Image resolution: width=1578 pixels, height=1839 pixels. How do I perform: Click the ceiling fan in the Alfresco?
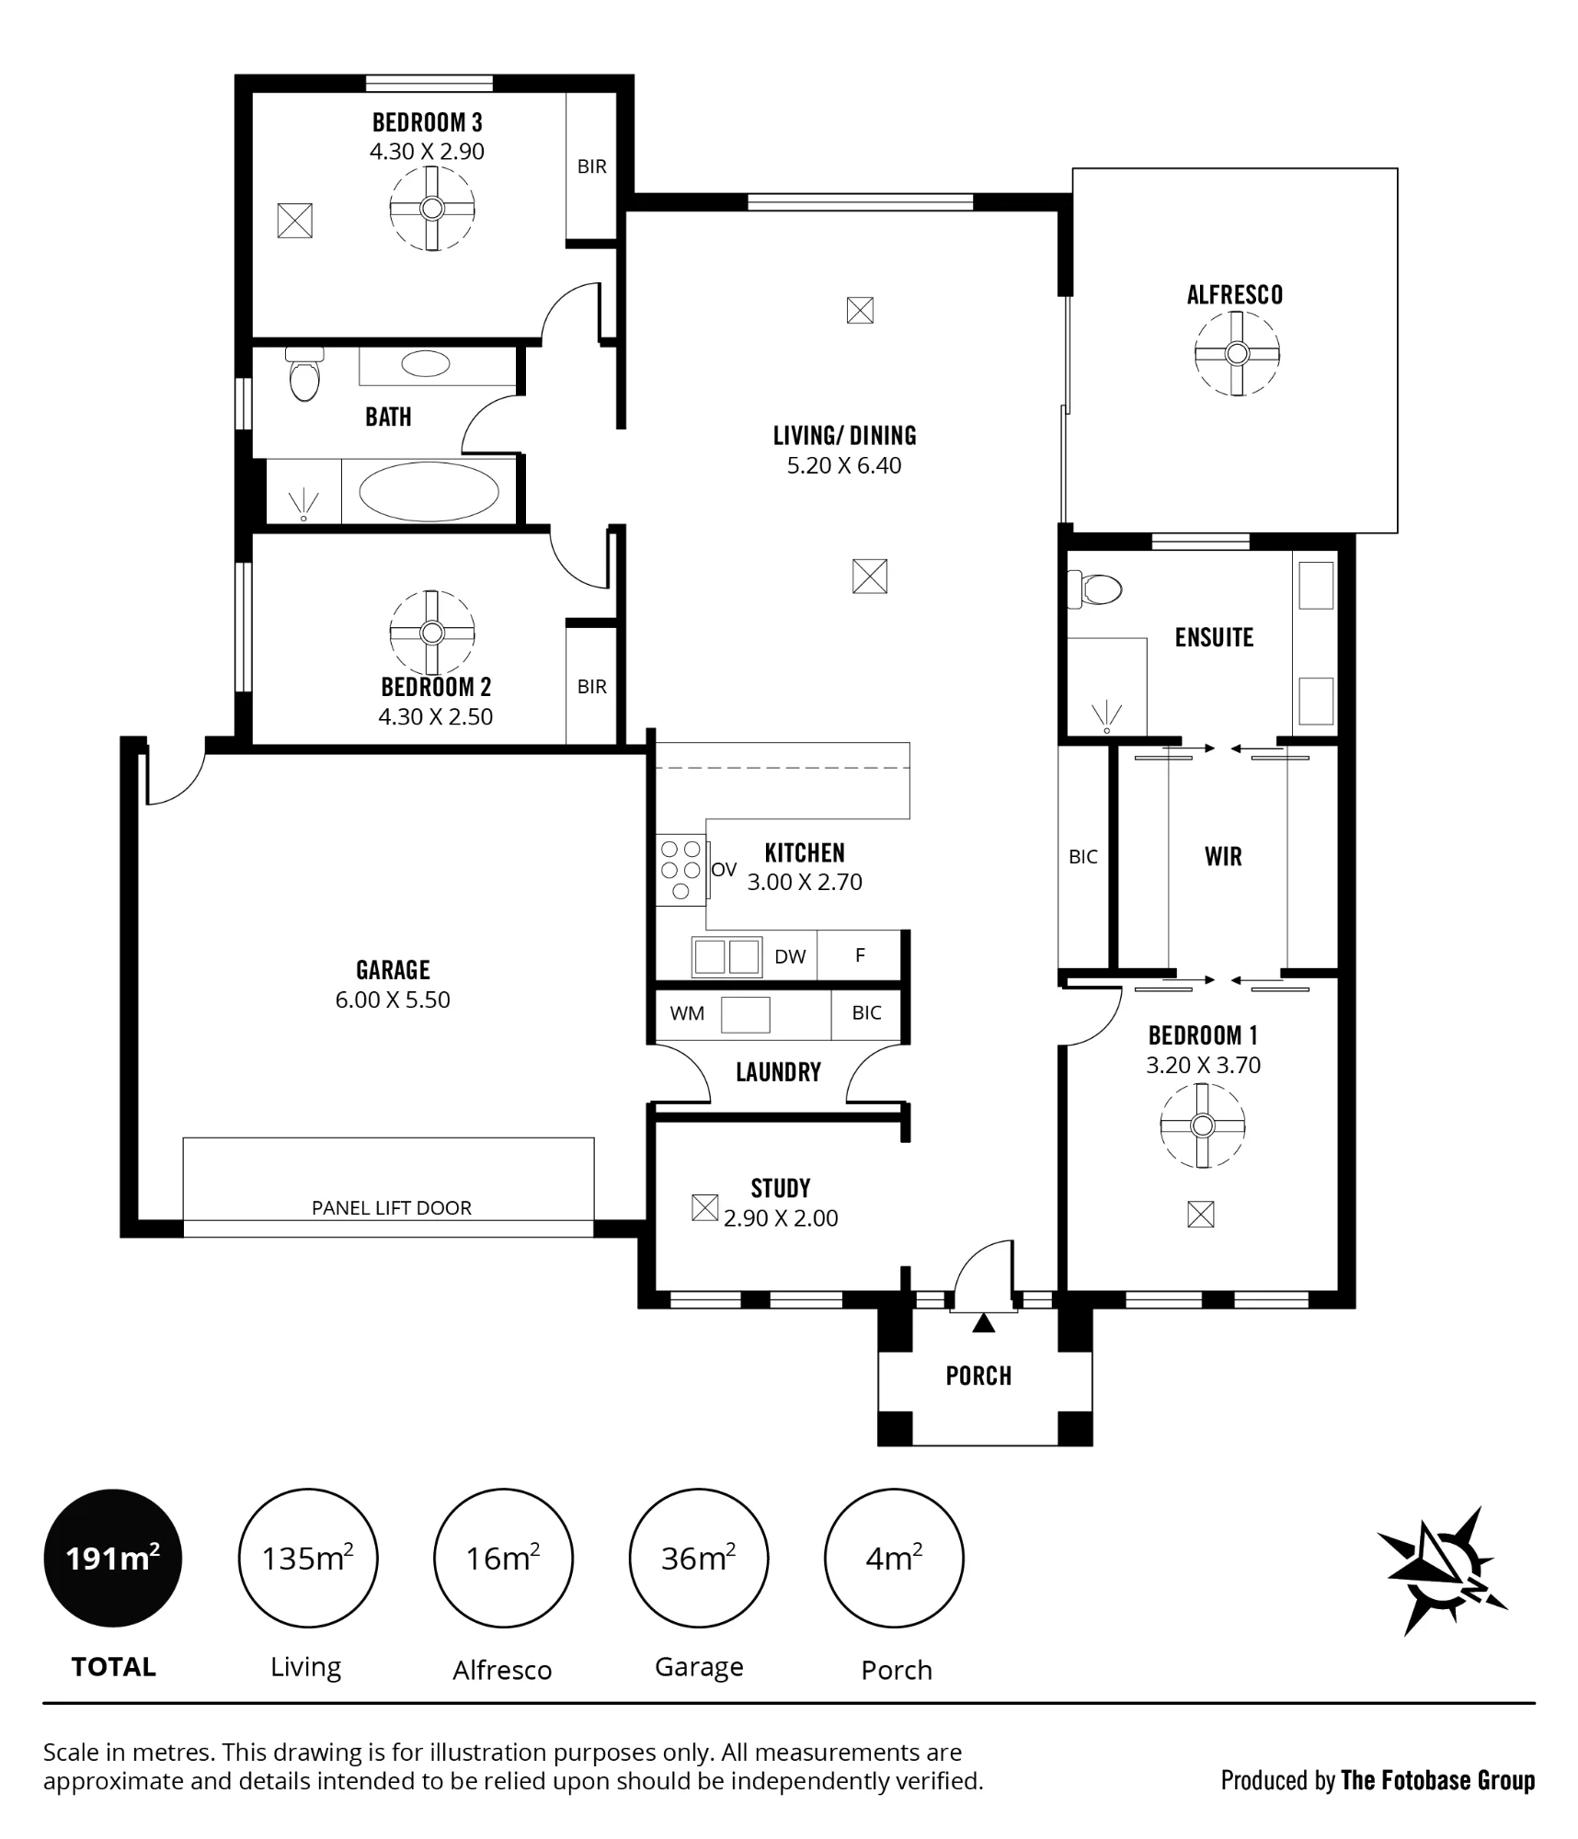(1237, 353)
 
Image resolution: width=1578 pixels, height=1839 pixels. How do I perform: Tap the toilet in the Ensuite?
(1094, 589)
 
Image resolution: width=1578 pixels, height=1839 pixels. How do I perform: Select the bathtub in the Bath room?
(428, 491)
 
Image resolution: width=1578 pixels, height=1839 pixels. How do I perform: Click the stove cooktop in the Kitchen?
(681, 870)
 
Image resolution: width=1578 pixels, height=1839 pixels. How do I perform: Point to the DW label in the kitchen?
(790, 956)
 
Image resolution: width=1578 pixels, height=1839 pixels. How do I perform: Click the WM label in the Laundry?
(687, 1013)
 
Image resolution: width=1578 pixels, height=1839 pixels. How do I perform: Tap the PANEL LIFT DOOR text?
(392, 1207)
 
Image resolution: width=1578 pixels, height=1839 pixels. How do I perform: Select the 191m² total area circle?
(113, 1558)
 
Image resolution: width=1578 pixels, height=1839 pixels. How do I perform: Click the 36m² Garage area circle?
(698, 1558)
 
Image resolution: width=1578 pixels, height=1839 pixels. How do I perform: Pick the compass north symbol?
(1441, 1571)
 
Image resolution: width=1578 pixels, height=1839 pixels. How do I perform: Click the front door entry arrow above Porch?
(984, 1322)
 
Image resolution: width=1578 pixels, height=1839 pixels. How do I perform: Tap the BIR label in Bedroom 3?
(592, 166)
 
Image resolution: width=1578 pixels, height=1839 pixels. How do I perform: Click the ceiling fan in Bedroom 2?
(432, 633)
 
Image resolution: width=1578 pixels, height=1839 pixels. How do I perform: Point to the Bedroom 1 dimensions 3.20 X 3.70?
(1203, 1065)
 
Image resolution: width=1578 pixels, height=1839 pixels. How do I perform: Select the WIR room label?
(1223, 856)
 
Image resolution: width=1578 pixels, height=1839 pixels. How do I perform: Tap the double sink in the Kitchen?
(726, 956)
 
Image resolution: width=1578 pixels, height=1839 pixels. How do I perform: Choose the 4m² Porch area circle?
(894, 1558)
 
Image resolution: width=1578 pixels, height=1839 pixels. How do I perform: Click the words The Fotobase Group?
(1438, 1780)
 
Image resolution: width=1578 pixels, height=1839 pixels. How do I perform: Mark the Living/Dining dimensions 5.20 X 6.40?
(844, 465)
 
